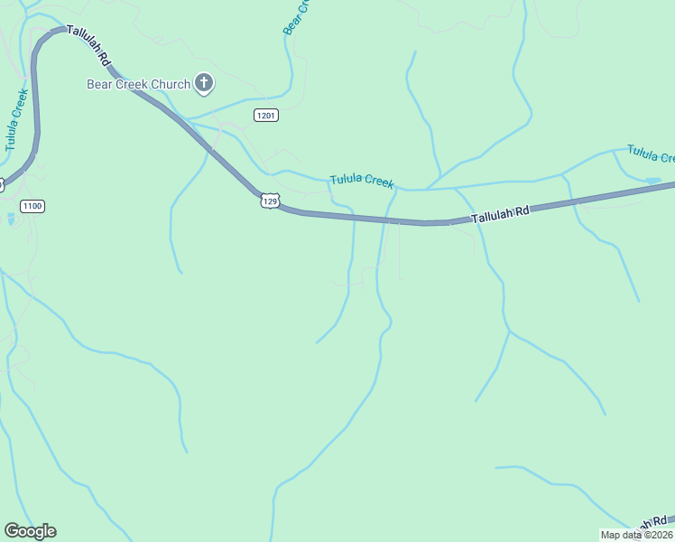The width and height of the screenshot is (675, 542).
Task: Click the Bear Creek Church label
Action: (x=138, y=85)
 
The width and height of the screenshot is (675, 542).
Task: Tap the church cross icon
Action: (x=205, y=85)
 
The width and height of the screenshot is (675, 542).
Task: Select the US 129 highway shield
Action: (x=270, y=200)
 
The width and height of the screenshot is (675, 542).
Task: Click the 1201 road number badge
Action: (x=265, y=115)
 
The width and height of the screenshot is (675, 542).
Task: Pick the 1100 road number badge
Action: (x=32, y=206)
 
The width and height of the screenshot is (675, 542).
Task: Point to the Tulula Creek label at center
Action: (x=361, y=181)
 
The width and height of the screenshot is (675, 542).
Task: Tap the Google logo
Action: (x=30, y=531)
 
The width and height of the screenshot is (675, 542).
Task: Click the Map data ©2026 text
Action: (x=636, y=535)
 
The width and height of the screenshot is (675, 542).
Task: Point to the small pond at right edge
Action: (x=652, y=181)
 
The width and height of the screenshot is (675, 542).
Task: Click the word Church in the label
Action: (x=171, y=85)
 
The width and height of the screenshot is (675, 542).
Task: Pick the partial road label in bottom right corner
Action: (x=652, y=524)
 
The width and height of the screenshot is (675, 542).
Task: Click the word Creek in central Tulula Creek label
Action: (x=378, y=182)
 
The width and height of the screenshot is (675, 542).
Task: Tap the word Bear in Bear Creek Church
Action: (x=99, y=85)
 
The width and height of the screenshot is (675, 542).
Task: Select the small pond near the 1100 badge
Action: (x=10, y=219)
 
